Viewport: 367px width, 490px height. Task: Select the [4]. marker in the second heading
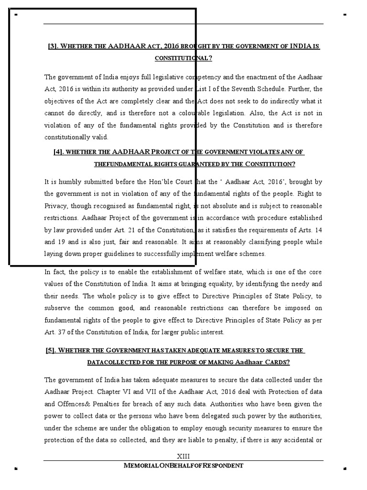59,152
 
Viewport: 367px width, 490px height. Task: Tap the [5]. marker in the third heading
51,350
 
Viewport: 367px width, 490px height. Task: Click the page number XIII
183,456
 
